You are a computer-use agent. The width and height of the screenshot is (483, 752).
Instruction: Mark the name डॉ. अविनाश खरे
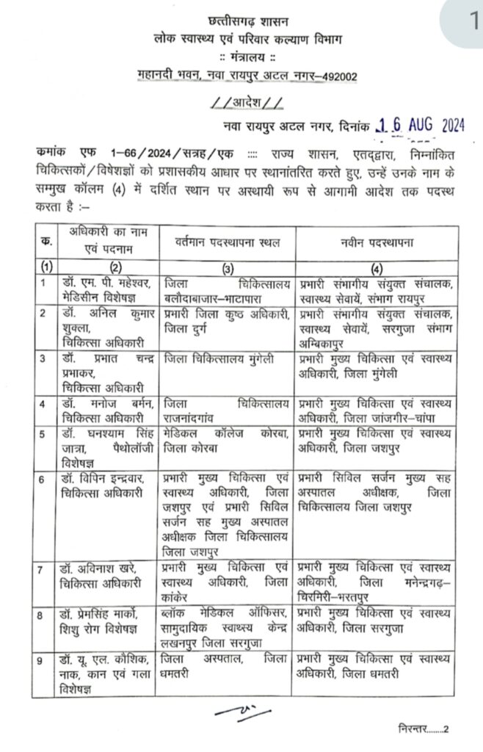pyautogui.click(x=97, y=570)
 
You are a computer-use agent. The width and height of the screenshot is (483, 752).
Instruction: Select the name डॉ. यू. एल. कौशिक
pyautogui.click(x=101, y=658)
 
